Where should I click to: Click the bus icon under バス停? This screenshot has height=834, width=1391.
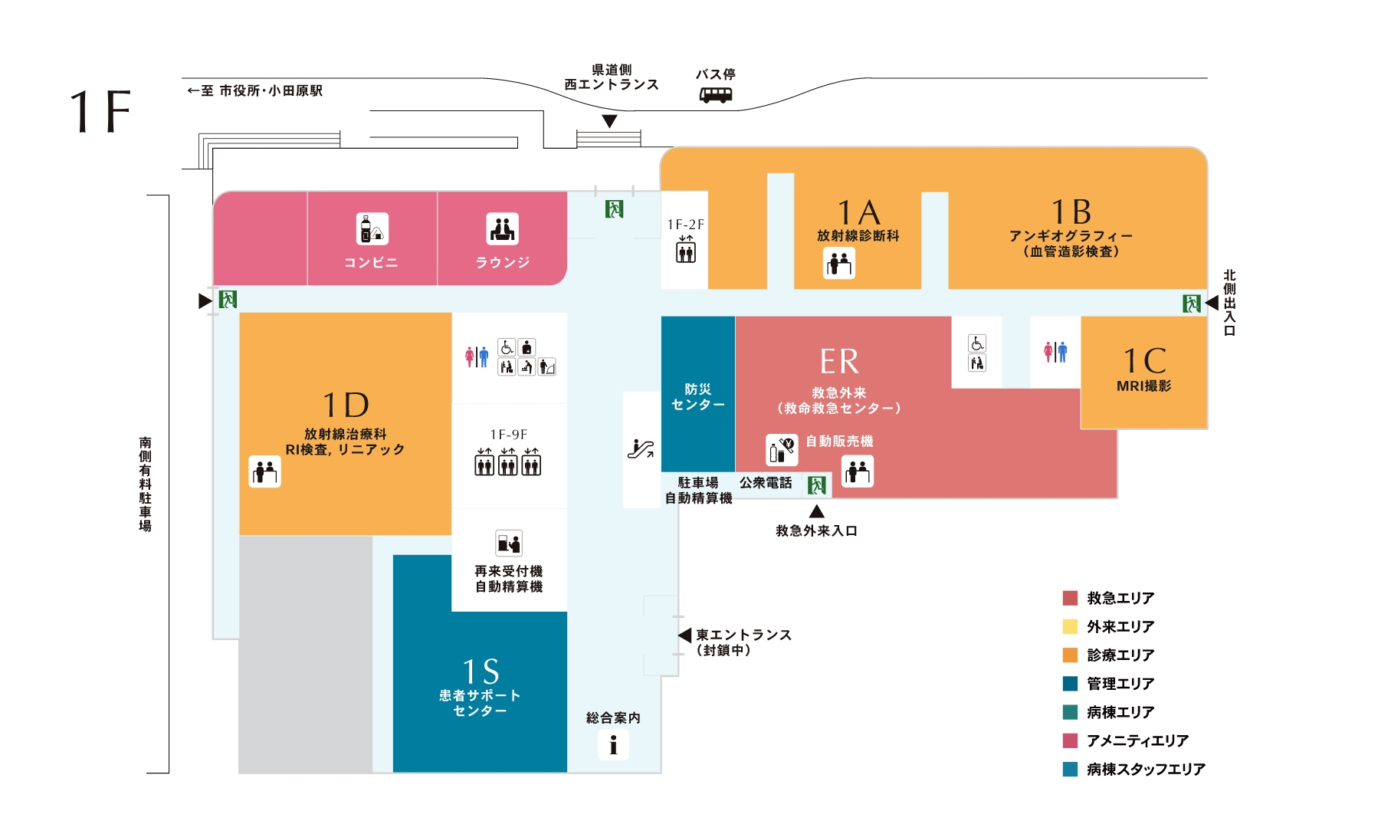point(716,95)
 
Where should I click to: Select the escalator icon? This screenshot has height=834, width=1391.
point(641,448)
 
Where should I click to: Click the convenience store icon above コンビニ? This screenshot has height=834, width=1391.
point(372,229)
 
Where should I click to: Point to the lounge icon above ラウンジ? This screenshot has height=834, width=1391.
point(502,229)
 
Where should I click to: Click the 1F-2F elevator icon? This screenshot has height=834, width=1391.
point(686,250)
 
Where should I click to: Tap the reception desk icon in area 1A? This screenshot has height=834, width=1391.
point(839,264)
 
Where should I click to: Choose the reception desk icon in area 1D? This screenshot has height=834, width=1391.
point(265,471)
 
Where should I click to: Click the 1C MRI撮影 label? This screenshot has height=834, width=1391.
point(1144,369)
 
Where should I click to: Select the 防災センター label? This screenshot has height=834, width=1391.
point(697,397)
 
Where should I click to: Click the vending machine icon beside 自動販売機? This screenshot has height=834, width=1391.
point(782,450)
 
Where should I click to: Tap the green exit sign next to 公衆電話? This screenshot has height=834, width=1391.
point(817,485)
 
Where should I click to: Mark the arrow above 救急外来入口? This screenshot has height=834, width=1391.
point(817,511)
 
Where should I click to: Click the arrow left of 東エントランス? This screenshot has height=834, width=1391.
point(684,635)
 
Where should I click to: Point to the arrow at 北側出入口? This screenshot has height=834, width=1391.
point(1212,304)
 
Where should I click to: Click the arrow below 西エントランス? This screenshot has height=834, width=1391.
point(609,121)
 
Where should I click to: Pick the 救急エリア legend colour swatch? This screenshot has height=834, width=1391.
point(1070,599)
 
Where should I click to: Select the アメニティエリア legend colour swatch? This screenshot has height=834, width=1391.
point(1070,740)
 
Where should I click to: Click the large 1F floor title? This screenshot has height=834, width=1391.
point(100,112)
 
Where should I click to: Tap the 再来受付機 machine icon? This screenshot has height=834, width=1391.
point(509,543)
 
